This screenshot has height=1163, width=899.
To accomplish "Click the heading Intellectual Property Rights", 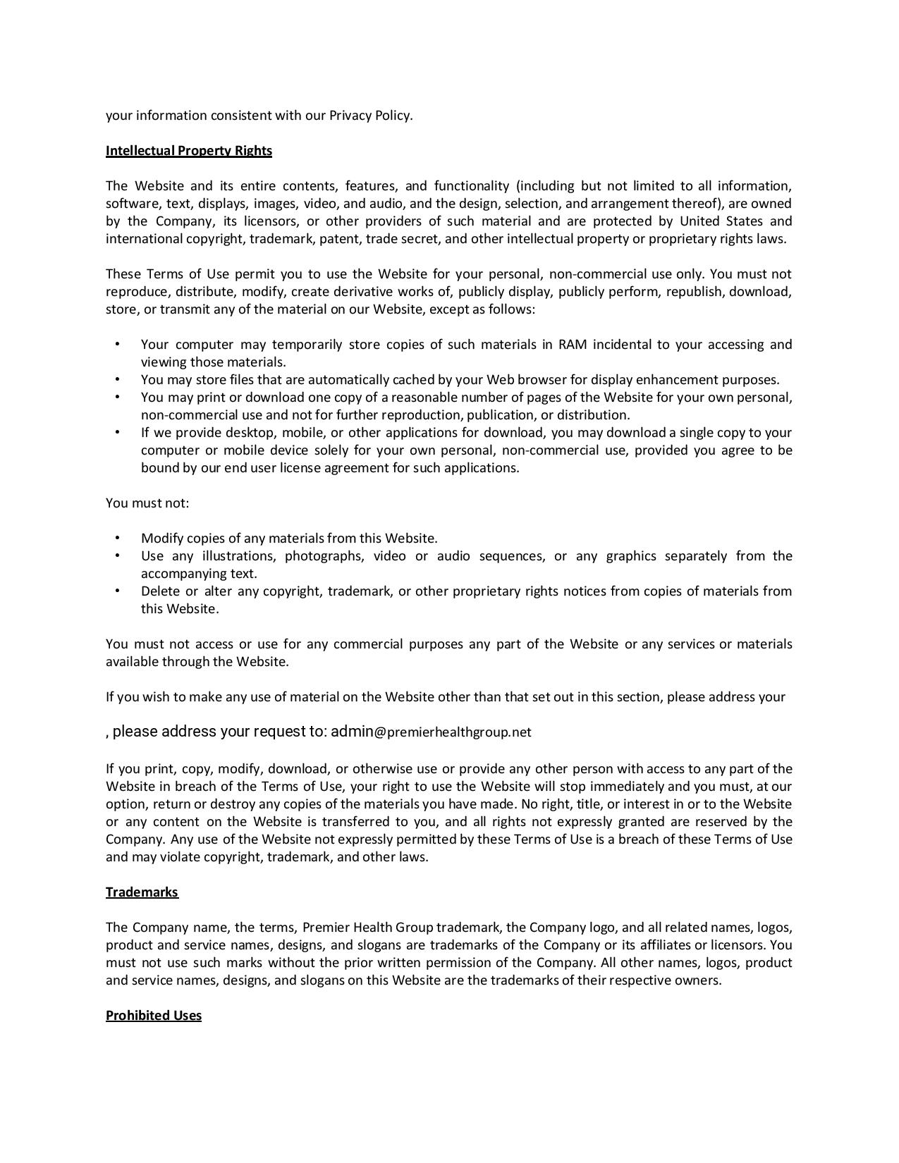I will (188, 151).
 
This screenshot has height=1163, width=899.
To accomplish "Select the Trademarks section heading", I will (142, 892).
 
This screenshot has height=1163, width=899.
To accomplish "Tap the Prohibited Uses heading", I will (153, 1016).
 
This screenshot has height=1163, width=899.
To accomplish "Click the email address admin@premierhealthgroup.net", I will (431, 732).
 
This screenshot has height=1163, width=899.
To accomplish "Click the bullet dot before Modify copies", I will (117, 538).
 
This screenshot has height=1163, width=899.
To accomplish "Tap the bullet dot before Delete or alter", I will (117, 591).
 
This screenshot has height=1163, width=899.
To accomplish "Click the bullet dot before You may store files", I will (117, 379).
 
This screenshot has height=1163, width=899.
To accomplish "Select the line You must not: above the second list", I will (147, 503).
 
